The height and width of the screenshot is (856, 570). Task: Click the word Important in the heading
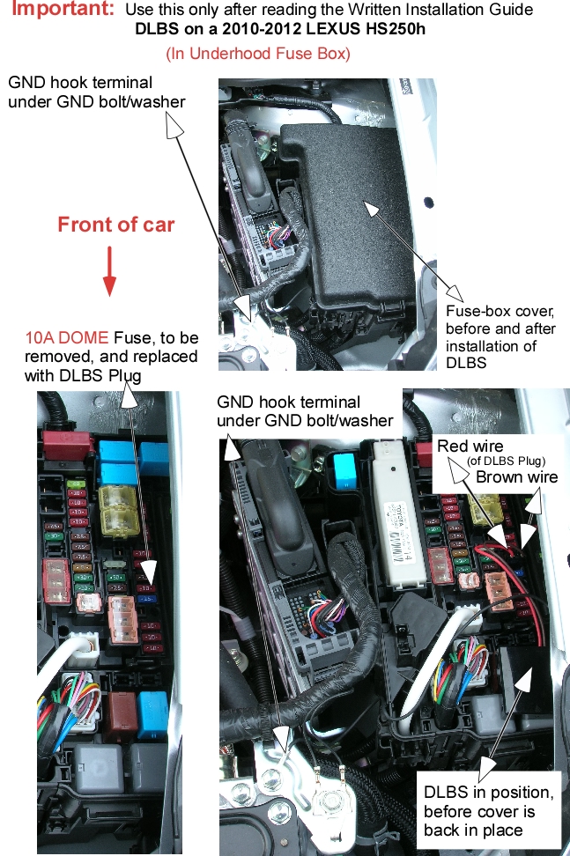tap(62, 8)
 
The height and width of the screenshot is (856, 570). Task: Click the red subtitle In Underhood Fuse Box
tap(258, 53)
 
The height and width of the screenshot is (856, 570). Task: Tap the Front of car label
tap(115, 225)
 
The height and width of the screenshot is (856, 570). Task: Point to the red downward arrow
tap(110, 270)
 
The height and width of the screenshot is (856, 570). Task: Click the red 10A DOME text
tap(67, 337)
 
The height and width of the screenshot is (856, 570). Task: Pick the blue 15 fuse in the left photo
tap(147, 599)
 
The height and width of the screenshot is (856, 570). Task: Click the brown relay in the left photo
tap(122, 716)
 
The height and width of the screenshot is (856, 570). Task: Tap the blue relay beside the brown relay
tap(152, 714)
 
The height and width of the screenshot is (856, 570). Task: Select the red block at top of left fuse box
tap(68, 446)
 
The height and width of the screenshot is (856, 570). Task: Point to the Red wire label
tap(470, 446)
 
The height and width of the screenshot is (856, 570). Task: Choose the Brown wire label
tap(516, 476)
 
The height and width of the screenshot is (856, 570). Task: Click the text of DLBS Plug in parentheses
tap(506, 461)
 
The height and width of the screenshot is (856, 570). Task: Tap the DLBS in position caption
tap(489, 811)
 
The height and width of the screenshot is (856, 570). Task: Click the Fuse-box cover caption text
tap(500, 336)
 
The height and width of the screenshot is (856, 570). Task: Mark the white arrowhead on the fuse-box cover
tap(371, 209)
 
